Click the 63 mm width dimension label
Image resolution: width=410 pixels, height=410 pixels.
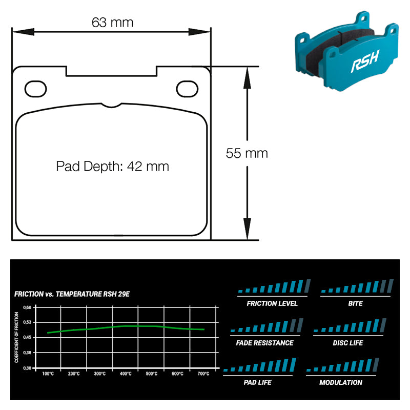pyautogui.click(x=112, y=23)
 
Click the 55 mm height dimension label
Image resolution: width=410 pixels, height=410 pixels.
pyautogui.click(x=247, y=153)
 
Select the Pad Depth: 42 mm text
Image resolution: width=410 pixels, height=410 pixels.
pyautogui.click(x=112, y=166)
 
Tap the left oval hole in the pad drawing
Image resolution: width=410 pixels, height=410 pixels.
pyautogui.click(x=35, y=89)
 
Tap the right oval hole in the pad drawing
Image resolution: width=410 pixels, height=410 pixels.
pyautogui.click(x=187, y=89)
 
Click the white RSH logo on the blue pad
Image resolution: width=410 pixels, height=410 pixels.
pyautogui.click(x=365, y=61)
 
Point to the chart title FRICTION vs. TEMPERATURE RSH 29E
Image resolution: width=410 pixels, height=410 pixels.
pyautogui.click(x=72, y=294)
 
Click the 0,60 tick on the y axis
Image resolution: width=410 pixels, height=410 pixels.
pyautogui.click(x=27, y=307)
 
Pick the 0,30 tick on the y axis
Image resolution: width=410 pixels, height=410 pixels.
pyautogui.click(x=27, y=368)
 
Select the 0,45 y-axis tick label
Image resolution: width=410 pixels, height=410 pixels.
pyautogui.click(x=27, y=337)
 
